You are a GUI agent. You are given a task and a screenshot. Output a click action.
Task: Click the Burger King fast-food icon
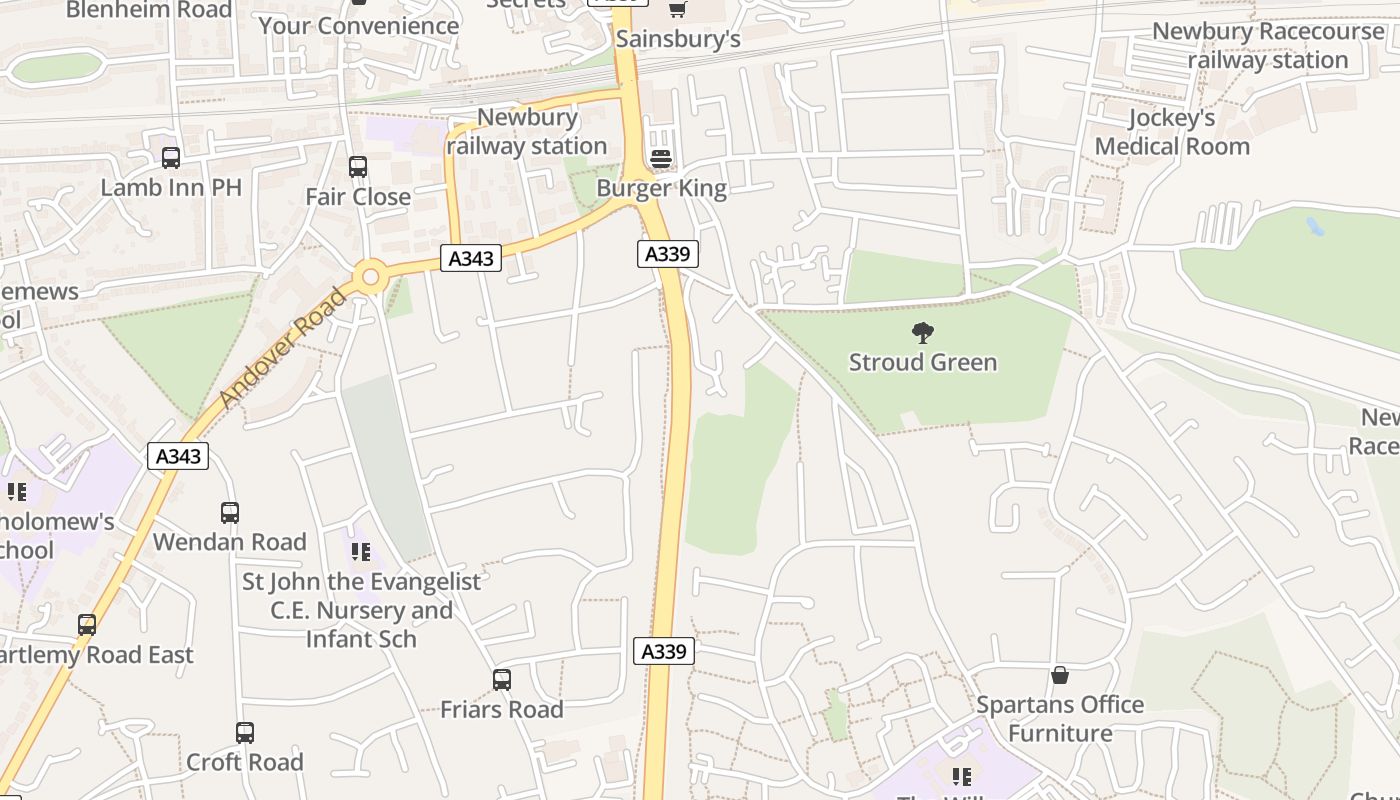pos(660,158)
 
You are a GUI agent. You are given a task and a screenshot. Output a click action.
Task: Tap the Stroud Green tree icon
pos(923,332)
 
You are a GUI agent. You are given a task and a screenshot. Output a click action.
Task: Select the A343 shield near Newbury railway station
pos(470,258)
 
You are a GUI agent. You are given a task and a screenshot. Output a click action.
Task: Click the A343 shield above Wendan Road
pos(179,456)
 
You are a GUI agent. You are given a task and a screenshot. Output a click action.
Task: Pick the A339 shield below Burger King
pos(667,253)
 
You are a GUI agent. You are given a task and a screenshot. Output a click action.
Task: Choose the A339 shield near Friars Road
pos(664,651)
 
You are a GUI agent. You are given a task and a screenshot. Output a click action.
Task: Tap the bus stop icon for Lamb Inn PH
pos(171,158)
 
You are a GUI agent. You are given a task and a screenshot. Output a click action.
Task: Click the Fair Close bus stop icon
pos(358,167)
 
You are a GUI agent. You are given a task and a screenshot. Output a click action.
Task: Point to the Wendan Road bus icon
pos(230,513)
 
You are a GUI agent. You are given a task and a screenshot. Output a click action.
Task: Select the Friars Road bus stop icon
pos(502,680)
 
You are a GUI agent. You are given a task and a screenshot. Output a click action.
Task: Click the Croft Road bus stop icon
pos(245,733)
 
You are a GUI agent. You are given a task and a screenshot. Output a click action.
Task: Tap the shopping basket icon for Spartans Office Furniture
pos(1060,676)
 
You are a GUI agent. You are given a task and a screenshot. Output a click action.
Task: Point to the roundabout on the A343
pos(371,276)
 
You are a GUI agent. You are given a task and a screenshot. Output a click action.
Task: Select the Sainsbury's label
pos(678,39)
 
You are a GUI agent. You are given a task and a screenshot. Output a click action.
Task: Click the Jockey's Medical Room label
pos(1172,132)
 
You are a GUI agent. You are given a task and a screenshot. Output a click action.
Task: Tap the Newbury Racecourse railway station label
pos(1268,45)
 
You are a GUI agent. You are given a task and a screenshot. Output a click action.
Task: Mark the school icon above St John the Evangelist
pos(361,551)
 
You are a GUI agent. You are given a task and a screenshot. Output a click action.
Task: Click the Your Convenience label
pos(359,26)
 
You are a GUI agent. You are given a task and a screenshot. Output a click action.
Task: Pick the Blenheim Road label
pos(149,10)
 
